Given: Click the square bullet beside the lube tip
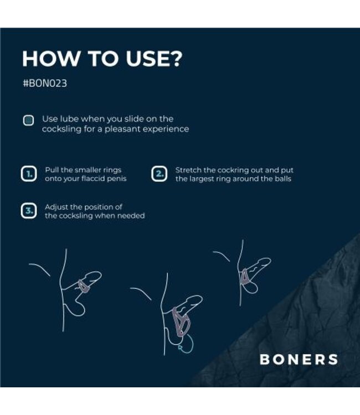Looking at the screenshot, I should pos(28,121).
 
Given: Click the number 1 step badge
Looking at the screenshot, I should pos(28,175).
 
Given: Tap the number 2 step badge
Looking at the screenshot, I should pos(159,175).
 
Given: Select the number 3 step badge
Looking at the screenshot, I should pos(28,211).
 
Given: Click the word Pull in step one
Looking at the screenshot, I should pos(52,170).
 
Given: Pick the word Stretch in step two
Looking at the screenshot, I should pos(188,170).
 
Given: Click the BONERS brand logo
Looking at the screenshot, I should pos(298,359).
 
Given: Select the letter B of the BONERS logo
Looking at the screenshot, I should pos(265,359).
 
